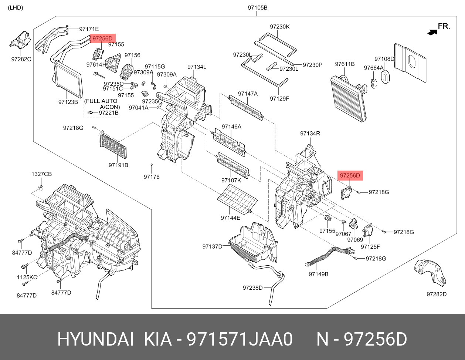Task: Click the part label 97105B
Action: click(257, 8)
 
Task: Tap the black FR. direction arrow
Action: click(432, 32)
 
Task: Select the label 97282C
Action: click(21, 59)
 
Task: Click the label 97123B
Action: click(68, 101)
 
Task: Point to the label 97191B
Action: click(118, 165)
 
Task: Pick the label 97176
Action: click(152, 177)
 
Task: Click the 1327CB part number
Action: click(41, 174)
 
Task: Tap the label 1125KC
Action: click(27, 277)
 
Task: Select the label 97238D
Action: click(252, 287)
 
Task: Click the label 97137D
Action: click(212, 246)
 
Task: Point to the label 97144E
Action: click(230, 218)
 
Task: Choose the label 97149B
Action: click(319, 274)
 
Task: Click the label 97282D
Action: click(437, 294)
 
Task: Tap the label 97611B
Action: click(345, 64)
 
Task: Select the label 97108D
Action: click(384, 59)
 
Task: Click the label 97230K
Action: click(279, 27)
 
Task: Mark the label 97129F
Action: click(279, 98)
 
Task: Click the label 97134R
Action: click(310, 133)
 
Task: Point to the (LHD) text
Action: click(16, 8)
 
